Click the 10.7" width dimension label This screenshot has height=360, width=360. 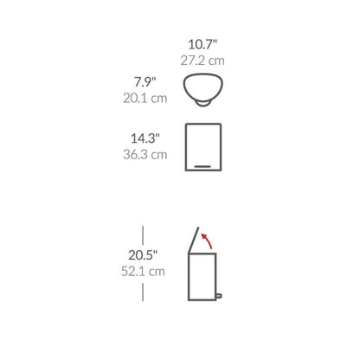pos(202,44)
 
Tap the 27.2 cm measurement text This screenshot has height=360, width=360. pos(202,61)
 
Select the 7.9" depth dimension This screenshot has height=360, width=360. pos(145,82)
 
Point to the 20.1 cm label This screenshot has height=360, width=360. pos(145,98)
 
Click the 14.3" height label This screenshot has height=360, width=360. pos(145,138)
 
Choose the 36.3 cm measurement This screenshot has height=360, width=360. pos(145,154)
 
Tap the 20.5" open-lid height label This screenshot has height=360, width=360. pos(143,255)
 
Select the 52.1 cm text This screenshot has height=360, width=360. pos(143,271)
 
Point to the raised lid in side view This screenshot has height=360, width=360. pos(194,240)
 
